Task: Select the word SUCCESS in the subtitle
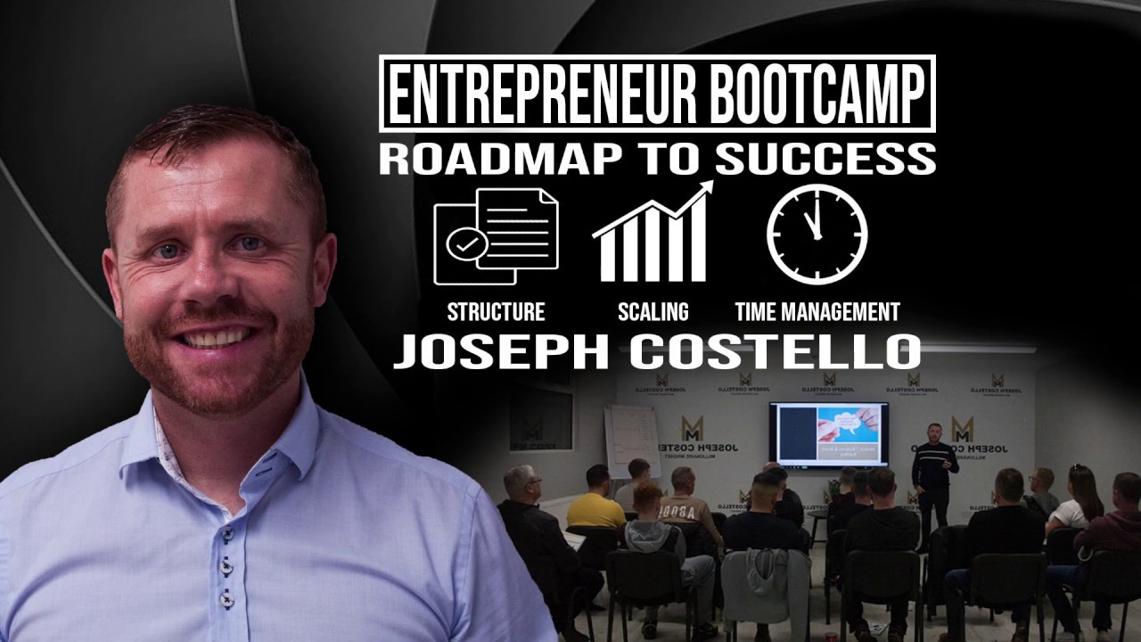[x=825, y=158]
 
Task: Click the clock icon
[x=817, y=235]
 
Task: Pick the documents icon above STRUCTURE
[x=496, y=235]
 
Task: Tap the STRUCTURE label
[x=496, y=312]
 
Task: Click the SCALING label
[x=653, y=312]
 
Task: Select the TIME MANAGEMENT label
[x=817, y=312]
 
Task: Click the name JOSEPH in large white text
[x=504, y=351]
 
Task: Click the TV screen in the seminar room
[x=828, y=434]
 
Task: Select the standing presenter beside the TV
[x=932, y=473]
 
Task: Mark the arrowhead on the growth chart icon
[x=706, y=188]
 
